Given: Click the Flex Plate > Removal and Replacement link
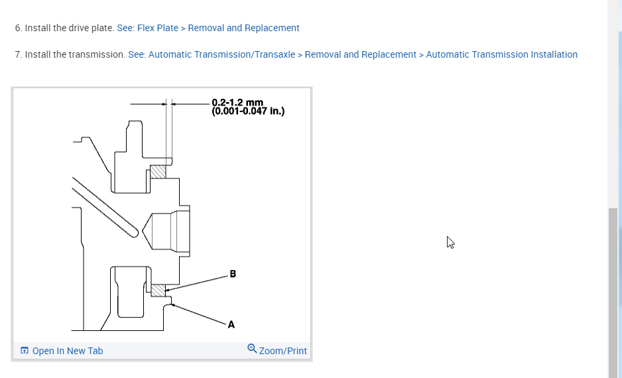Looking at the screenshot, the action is (x=208, y=28).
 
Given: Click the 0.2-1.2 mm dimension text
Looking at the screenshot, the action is (x=237, y=103).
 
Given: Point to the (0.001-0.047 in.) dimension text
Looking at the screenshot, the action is (x=248, y=111).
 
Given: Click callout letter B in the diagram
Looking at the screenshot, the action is (x=233, y=274).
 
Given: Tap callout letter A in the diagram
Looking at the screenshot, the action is (x=231, y=324).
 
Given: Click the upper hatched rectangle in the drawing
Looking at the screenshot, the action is (x=158, y=172).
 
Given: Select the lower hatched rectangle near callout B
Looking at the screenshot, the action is (x=158, y=290).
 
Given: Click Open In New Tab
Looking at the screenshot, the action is (x=68, y=351).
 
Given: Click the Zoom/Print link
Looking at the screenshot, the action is (x=283, y=351).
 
